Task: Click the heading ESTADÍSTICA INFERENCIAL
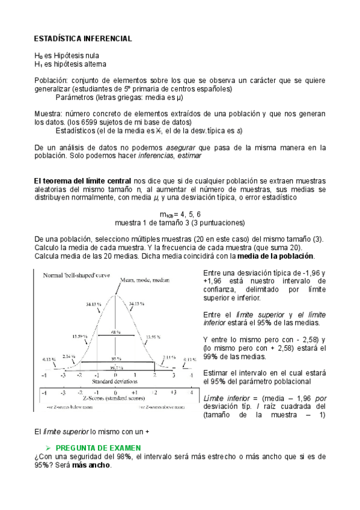click(x=83, y=38)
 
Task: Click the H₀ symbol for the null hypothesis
click(x=38, y=55)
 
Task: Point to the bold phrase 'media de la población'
click(x=273, y=256)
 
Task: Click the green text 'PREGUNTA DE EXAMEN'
click(x=98, y=447)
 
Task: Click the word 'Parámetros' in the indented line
click(x=75, y=96)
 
